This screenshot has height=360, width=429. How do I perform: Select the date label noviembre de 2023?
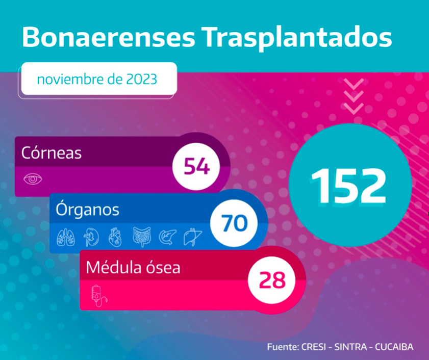click(x=97, y=80)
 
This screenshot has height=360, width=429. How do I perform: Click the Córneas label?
click(x=52, y=152)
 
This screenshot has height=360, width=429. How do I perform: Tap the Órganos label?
click(x=88, y=209)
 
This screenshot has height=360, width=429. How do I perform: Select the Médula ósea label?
click(x=133, y=267)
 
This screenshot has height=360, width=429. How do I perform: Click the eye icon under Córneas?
click(x=33, y=179)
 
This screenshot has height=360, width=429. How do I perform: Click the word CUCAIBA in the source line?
click(x=395, y=347)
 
